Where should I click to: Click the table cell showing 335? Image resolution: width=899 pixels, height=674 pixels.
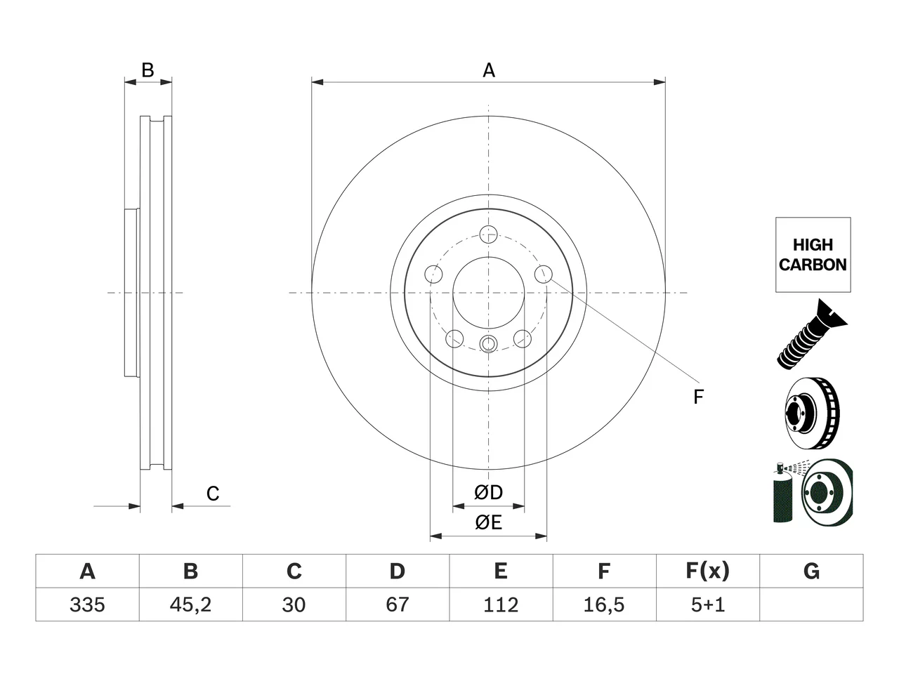[x=87, y=604]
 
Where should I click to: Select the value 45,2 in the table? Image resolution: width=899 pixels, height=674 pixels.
[x=191, y=604]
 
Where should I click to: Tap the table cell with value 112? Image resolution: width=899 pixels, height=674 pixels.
[x=501, y=604]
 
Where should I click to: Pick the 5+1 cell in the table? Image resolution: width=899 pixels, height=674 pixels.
[x=708, y=604]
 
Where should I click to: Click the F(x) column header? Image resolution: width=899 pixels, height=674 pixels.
[x=708, y=571]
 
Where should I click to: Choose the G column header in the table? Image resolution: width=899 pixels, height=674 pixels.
[x=811, y=571]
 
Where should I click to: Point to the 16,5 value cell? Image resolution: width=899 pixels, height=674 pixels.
[x=605, y=604]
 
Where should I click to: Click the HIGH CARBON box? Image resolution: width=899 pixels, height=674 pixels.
[x=813, y=255]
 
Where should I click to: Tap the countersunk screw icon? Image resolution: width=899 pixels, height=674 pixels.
[x=812, y=334]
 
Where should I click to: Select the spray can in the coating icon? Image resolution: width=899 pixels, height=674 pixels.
[x=782, y=493]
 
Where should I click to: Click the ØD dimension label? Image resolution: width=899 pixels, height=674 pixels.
[x=488, y=492]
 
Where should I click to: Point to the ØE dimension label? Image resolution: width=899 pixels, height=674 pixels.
[x=488, y=522]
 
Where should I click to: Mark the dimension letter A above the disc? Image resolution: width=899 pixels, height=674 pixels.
[x=489, y=70]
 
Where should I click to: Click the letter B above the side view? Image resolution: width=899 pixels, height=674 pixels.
[x=147, y=70]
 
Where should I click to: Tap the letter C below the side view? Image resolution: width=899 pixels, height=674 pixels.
[x=213, y=494]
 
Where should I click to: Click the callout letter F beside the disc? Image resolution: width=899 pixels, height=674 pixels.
[x=698, y=397]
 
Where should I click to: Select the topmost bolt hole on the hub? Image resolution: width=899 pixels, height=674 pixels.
[x=488, y=234]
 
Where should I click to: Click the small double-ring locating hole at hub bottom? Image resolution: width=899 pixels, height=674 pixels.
[x=488, y=344]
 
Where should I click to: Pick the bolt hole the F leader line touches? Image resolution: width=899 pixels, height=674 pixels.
[x=544, y=274]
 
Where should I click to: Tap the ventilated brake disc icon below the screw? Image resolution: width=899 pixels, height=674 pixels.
[x=812, y=413]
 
